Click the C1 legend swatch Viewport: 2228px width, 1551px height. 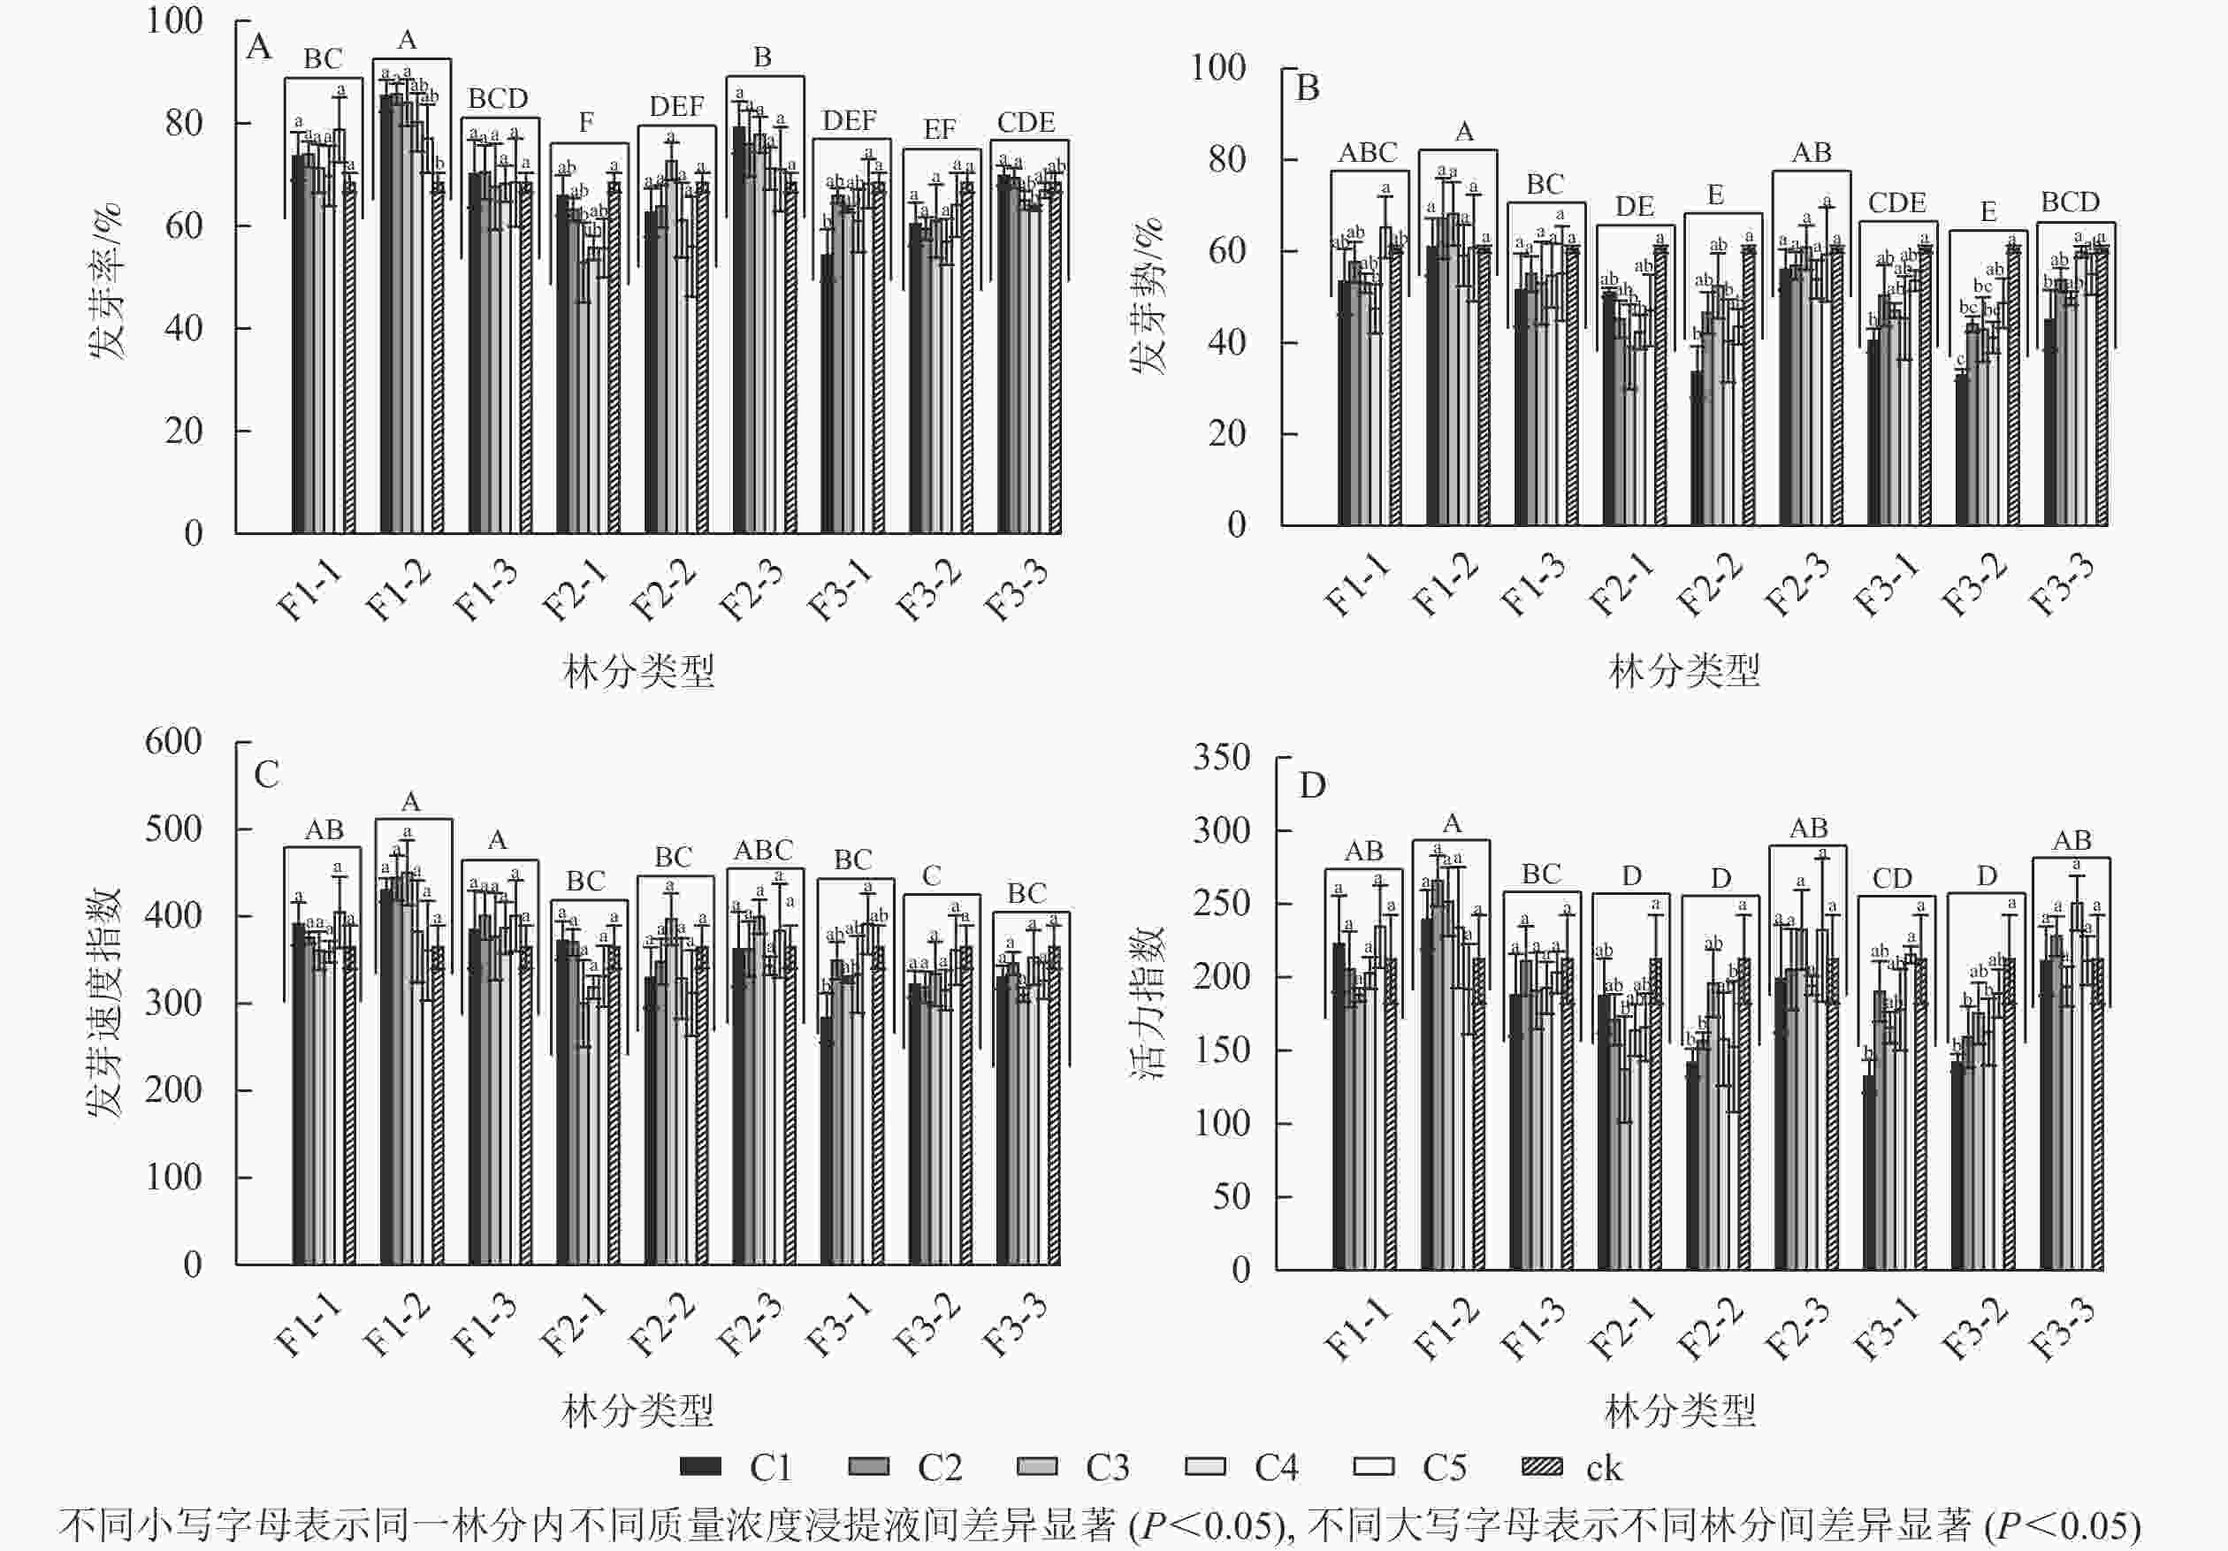click(x=699, y=1467)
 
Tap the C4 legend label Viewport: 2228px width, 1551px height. click(x=1275, y=1468)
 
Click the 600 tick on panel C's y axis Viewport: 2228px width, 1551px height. click(x=172, y=742)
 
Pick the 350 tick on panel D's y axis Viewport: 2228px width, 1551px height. click(x=1221, y=757)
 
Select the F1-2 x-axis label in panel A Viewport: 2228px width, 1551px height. click(x=397, y=590)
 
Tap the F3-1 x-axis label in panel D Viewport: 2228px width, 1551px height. click(x=1886, y=1329)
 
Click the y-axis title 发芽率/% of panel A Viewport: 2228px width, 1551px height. click(x=106, y=281)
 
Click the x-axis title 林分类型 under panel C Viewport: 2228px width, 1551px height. click(x=637, y=1410)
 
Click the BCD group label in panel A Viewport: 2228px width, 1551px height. click(x=498, y=99)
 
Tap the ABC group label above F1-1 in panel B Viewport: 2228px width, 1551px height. click(x=1367, y=152)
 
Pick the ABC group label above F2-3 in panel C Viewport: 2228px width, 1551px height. click(x=764, y=851)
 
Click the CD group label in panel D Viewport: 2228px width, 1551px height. click(x=1891, y=878)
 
